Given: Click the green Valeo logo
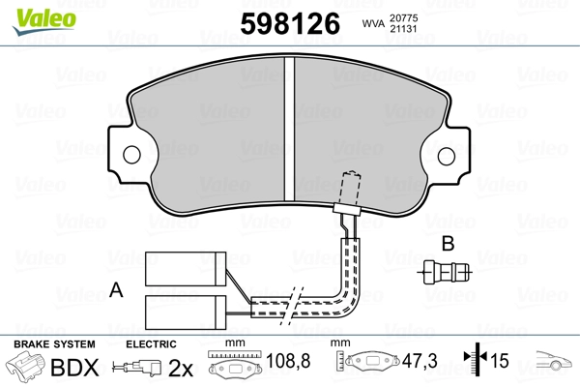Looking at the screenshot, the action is [44, 20].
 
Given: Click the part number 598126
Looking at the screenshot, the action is [290, 23].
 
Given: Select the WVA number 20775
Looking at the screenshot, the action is [403, 17].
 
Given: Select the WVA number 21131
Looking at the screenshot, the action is [403, 28].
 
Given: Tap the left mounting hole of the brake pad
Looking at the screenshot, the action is [131, 155].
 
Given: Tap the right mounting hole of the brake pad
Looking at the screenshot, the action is [446, 156].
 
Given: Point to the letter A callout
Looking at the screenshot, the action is [116, 289].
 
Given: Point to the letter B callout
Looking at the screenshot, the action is [448, 244].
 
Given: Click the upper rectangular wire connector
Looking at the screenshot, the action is [186, 269].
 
